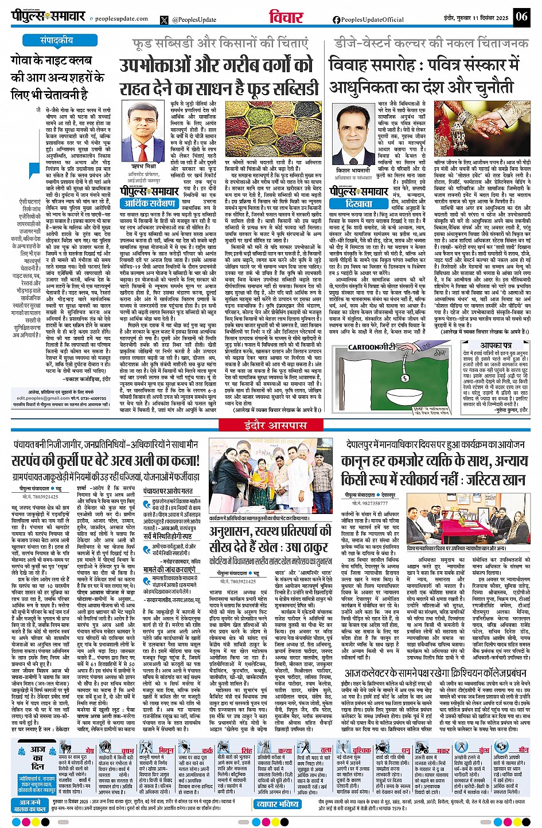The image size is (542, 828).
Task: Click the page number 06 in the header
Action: pos(521,16)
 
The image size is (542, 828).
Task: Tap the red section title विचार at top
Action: pos(286,18)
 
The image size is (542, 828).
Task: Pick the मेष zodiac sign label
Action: pos(89,749)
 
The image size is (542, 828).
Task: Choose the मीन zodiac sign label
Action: pos(523,749)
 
